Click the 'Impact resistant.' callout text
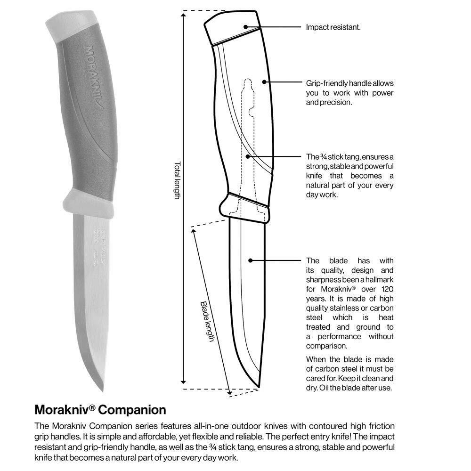(x=333, y=27)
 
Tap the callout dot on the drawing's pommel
(x=246, y=27)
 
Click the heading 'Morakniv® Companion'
(x=100, y=408)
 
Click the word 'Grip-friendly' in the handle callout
(x=326, y=83)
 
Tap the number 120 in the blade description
(x=386, y=289)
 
